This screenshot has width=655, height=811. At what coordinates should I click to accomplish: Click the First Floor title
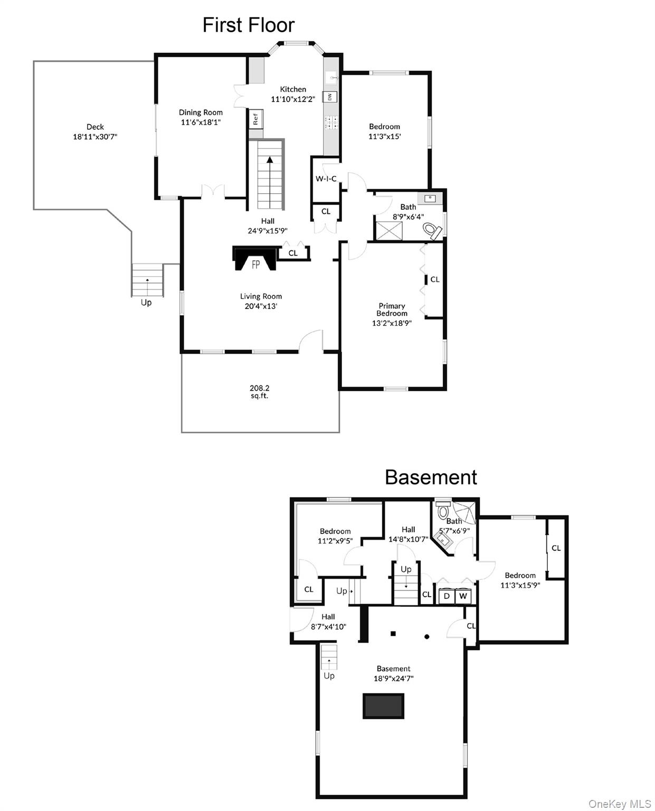coord(248,25)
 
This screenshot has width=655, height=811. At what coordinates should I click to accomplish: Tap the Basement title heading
coord(431,477)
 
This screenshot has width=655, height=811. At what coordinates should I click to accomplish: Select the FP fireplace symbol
coord(254,259)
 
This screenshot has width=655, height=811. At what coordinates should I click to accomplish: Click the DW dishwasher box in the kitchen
coord(329,97)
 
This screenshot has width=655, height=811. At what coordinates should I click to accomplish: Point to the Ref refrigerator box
coord(256,119)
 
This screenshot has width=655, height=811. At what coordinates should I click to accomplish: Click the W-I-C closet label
coord(326,178)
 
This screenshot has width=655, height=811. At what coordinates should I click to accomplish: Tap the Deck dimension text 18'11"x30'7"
coord(95,136)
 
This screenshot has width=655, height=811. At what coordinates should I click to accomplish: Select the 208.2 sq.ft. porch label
coord(259,391)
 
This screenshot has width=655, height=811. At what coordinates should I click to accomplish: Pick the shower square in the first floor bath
coord(388,231)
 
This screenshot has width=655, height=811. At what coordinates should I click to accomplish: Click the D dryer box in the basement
coord(447,596)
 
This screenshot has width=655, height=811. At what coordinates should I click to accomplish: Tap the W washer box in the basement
coord(463,596)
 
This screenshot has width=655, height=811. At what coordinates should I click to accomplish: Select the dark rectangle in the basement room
coord(383,706)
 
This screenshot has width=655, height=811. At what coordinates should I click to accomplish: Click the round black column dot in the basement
coord(426,637)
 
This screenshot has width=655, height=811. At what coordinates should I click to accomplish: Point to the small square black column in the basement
coord(393,634)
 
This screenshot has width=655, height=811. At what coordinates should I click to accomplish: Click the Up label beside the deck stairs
coord(146,303)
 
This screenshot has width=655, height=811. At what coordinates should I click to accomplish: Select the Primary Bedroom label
coord(392,309)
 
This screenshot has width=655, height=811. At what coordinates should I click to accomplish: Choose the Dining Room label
coord(201,112)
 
